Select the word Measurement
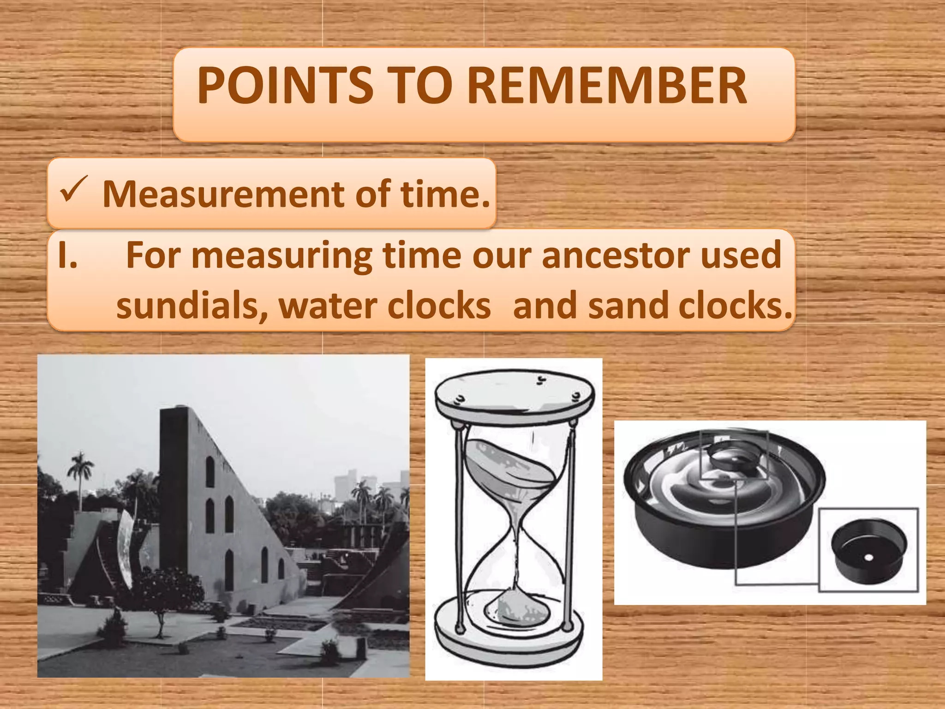pyautogui.click(x=223, y=194)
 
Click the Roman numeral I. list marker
pyautogui.click(x=67, y=255)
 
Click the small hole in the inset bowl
pyautogui.click(x=869, y=557)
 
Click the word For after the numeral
pyautogui.click(x=152, y=255)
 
